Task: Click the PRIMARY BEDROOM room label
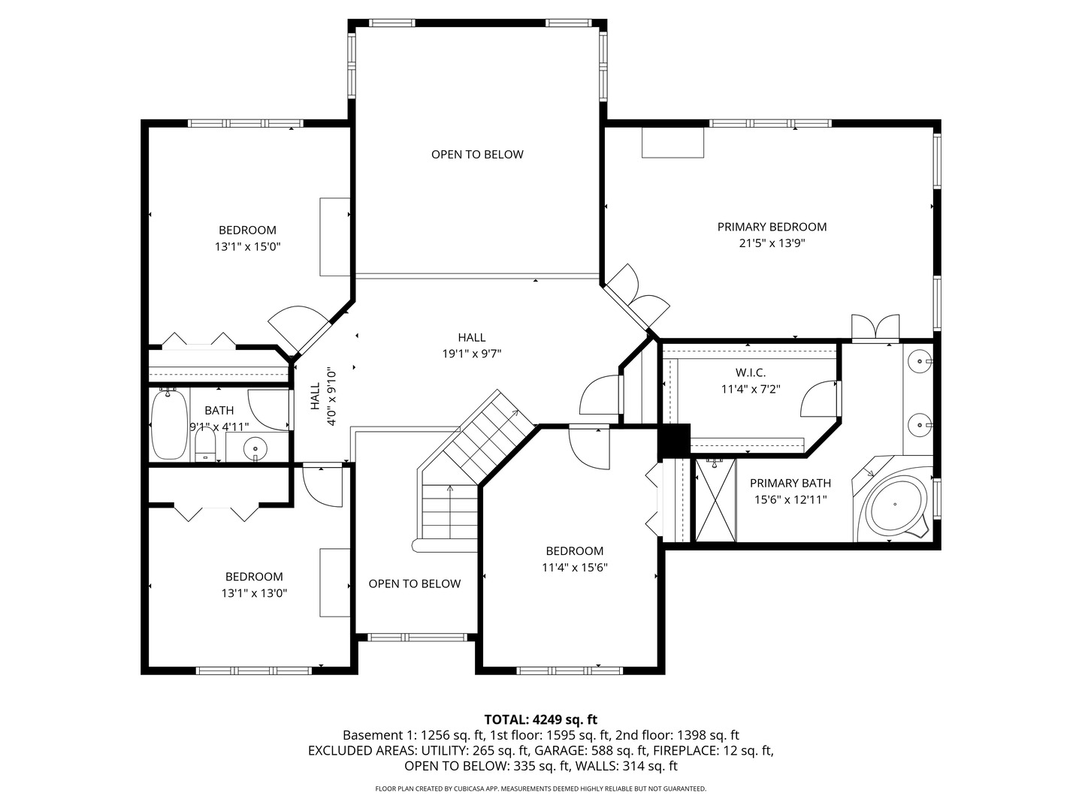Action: click(x=772, y=227)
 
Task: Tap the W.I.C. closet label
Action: click(x=750, y=372)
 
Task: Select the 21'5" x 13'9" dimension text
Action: click(x=772, y=243)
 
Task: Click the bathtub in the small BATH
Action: click(x=169, y=424)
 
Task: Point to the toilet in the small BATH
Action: click(x=205, y=445)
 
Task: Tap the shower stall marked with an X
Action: click(x=715, y=499)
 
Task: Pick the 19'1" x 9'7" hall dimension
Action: click(x=472, y=354)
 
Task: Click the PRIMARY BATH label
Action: click(x=790, y=483)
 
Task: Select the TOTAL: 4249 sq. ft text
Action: click(x=541, y=719)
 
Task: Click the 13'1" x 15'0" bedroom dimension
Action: click(x=247, y=246)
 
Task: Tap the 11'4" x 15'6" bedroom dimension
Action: click(x=574, y=567)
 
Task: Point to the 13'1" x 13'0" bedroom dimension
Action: click(x=254, y=593)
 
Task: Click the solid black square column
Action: click(x=674, y=440)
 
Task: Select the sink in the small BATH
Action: click(x=255, y=447)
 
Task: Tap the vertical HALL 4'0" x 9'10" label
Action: click(x=322, y=396)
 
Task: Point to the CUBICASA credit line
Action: click(x=541, y=788)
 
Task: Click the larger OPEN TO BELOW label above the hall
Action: click(x=477, y=155)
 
